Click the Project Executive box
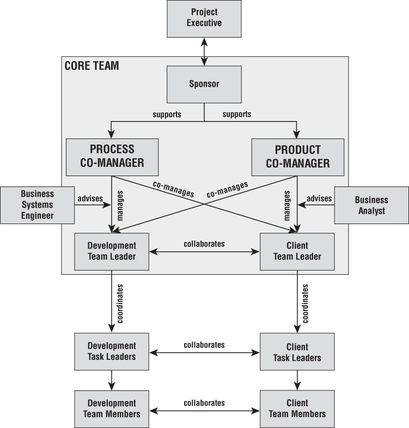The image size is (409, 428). click(204, 19)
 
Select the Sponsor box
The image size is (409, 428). click(204, 85)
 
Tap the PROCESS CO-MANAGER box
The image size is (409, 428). click(112, 157)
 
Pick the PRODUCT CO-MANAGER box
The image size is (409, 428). click(298, 157)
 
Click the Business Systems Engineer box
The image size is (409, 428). click(38, 205)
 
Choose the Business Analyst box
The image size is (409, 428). click(371, 205)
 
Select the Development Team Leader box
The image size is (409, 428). click(112, 252)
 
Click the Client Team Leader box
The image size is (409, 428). click(297, 252)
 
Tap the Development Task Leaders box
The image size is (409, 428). click(112, 352)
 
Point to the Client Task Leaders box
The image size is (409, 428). click(297, 352)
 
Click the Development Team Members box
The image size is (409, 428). click(112, 409)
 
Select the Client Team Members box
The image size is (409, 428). click(297, 409)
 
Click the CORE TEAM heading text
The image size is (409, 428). click(91, 66)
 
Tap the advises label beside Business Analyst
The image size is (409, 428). click(319, 198)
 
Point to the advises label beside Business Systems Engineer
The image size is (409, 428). click(90, 198)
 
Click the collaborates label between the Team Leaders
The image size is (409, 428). click(204, 244)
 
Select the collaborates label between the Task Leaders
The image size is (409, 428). click(204, 345)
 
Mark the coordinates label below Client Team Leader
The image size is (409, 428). click(306, 304)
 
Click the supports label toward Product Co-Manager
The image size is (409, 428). click(237, 114)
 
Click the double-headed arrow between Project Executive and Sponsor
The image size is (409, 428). click(204, 52)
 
